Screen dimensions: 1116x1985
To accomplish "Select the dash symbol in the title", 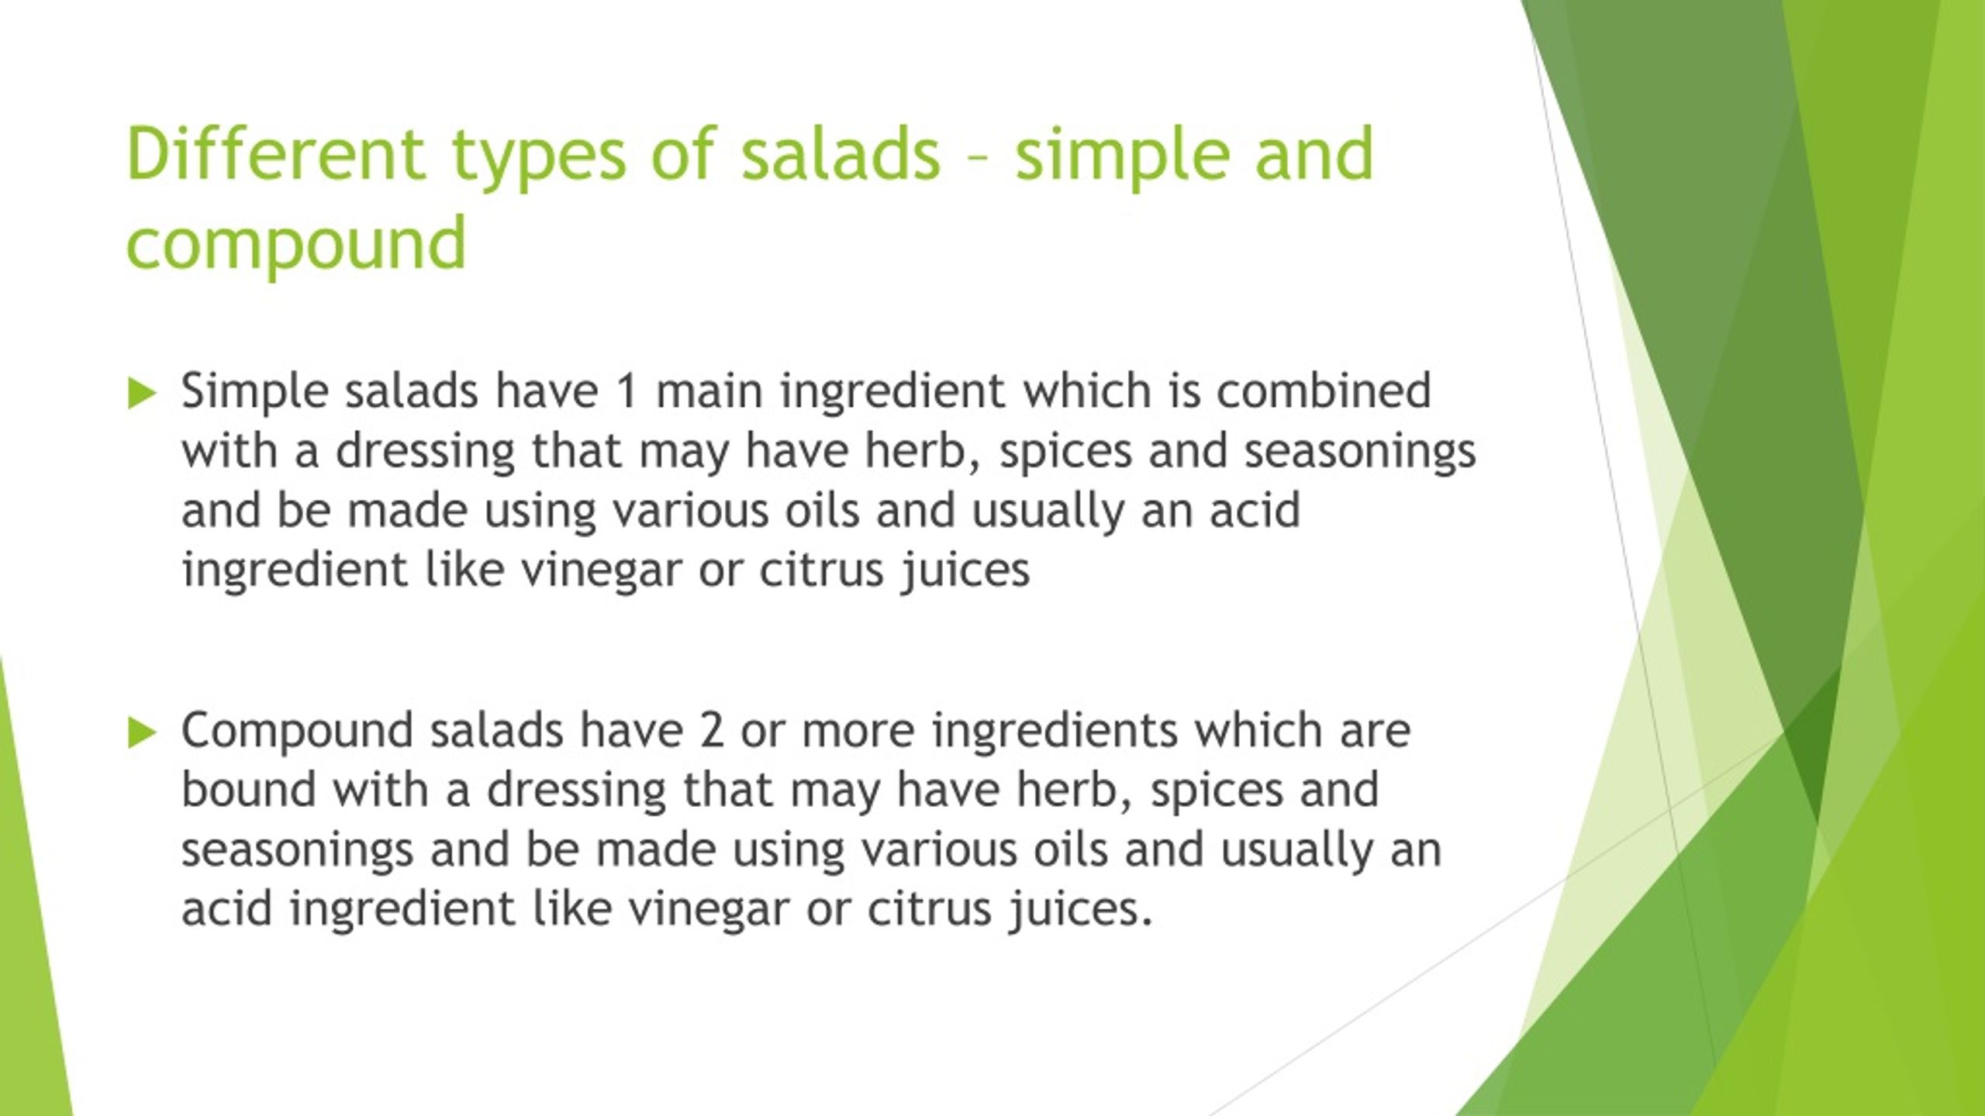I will click(977, 157).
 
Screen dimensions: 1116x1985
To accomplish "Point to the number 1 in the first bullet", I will click(627, 391).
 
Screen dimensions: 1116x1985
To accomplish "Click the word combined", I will click(1323, 391).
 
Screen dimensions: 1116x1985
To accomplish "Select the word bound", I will click(248, 789).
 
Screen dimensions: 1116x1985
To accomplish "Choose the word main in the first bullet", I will click(709, 391).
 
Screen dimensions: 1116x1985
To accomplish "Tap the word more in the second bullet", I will click(858, 730).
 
